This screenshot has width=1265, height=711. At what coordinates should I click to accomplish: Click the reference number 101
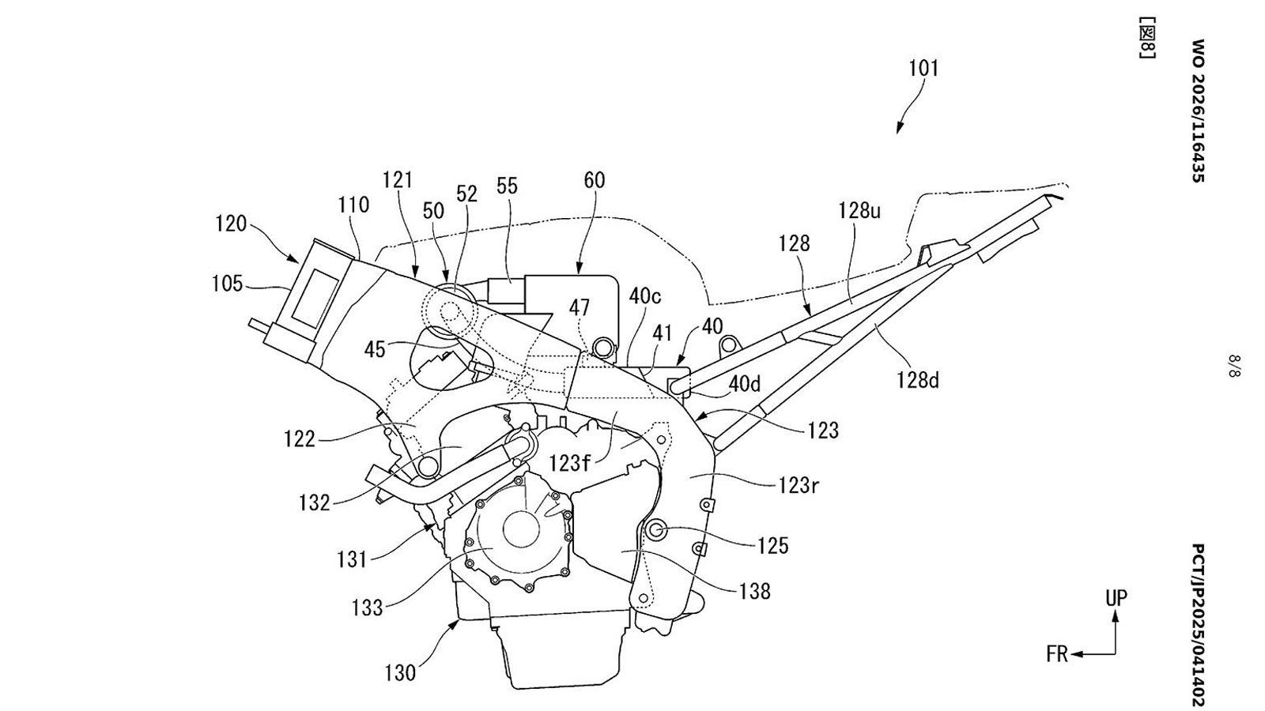point(924,68)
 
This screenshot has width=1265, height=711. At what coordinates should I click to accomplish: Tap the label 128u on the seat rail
point(859,211)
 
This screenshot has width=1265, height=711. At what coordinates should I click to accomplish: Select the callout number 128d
point(918,380)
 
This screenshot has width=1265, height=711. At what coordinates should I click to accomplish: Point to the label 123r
point(798,485)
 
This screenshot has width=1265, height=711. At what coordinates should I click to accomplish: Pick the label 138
point(754,592)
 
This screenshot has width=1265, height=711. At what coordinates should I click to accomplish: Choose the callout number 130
point(400,672)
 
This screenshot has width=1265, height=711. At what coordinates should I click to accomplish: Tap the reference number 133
point(367,608)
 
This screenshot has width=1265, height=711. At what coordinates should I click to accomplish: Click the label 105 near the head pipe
point(227,284)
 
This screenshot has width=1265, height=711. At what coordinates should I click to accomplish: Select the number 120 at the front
point(231,224)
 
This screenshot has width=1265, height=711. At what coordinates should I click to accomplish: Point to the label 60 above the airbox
point(594,180)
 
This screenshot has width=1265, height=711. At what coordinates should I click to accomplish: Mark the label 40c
point(645,295)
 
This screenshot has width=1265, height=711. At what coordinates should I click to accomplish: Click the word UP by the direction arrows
point(1116,598)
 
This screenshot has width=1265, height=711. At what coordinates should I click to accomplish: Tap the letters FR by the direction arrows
point(1057,655)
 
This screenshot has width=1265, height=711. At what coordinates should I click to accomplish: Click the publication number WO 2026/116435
point(1199,111)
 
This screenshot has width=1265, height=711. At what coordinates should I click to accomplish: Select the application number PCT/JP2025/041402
point(1199,625)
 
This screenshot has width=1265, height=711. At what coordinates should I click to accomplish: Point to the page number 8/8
point(1234,366)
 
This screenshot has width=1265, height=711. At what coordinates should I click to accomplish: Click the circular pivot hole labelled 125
point(655,530)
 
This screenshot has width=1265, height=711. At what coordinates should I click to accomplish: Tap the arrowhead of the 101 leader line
point(898,130)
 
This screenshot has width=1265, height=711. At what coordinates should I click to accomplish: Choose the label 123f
point(570,463)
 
